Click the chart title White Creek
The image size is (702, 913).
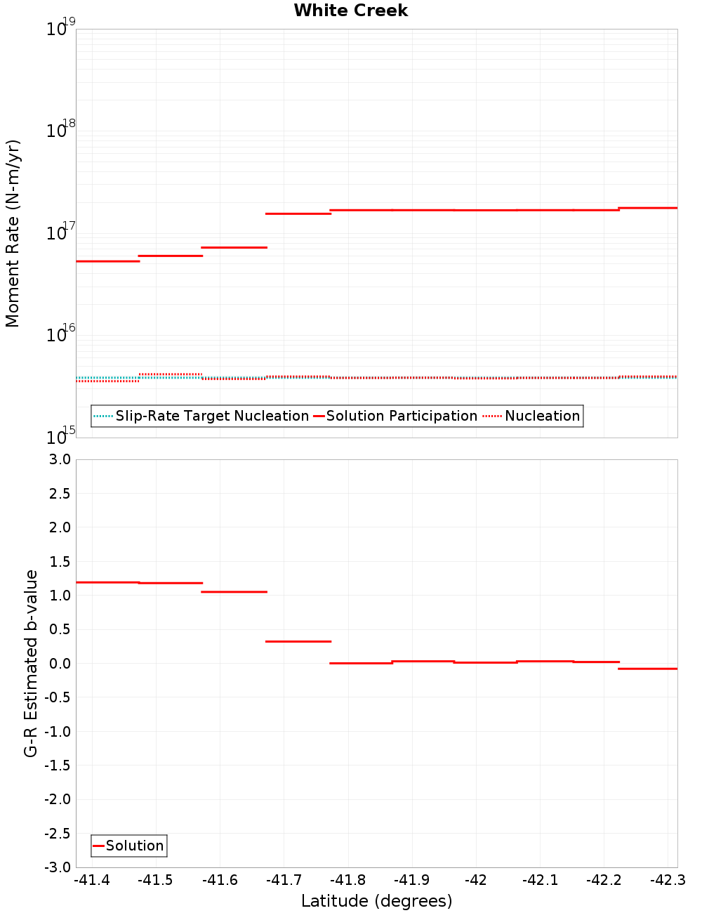(350, 11)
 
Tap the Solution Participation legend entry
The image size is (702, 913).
(395, 416)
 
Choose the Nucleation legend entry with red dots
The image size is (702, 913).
(532, 416)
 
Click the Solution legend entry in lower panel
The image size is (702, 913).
(128, 846)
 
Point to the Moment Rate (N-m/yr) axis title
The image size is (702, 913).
(13, 233)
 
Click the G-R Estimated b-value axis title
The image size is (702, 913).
(31, 663)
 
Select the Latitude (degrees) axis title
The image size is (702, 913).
(376, 901)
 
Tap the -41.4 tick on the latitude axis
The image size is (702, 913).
(92, 880)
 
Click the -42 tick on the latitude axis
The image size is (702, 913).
(476, 880)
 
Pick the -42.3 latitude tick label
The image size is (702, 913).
(668, 880)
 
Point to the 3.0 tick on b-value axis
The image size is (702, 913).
(58, 459)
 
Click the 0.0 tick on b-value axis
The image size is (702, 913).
(58, 664)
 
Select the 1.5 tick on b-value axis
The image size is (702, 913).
(58, 561)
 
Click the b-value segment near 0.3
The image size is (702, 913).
(298, 641)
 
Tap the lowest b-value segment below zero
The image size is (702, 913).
(647, 669)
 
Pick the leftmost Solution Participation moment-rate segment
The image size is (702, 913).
(107, 261)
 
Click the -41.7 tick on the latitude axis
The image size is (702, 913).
(284, 880)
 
